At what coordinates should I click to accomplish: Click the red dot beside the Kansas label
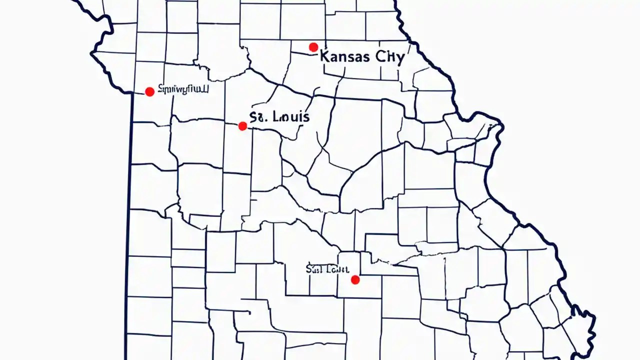[x=313, y=47]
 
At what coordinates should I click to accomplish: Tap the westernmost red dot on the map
[x=149, y=91]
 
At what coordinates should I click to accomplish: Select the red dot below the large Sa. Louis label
[x=242, y=126]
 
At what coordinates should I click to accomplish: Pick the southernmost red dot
[x=355, y=280]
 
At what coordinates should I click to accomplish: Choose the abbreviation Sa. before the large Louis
[x=259, y=117]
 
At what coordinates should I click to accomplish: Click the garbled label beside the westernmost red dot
[x=183, y=89]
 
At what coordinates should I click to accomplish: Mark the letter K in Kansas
[x=323, y=56]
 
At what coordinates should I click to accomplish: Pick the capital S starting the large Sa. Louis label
[x=253, y=117]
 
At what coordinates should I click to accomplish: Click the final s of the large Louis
[x=306, y=118]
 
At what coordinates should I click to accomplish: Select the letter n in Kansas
[x=341, y=57]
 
